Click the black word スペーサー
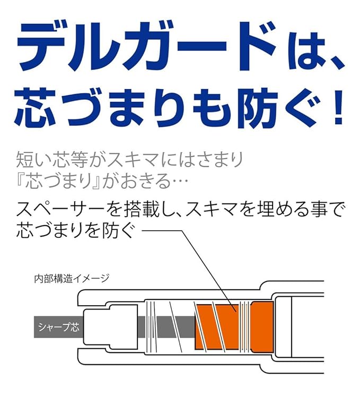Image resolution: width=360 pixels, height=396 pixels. pyautogui.click(x=60, y=209)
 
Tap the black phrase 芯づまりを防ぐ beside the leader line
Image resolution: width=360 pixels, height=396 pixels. pyautogui.click(x=75, y=230)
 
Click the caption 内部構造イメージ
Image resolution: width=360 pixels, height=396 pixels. pyautogui.click(x=72, y=279)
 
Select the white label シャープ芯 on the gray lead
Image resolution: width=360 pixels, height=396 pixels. pyautogui.click(x=59, y=327)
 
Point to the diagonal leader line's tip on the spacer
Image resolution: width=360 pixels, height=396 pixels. pyautogui.click(x=236, y=312)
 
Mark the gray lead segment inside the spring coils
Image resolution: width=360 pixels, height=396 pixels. pyautogui.click(x=166, y=327)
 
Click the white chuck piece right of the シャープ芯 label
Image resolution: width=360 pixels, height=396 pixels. pyautogui.click(x=110, y=326)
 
